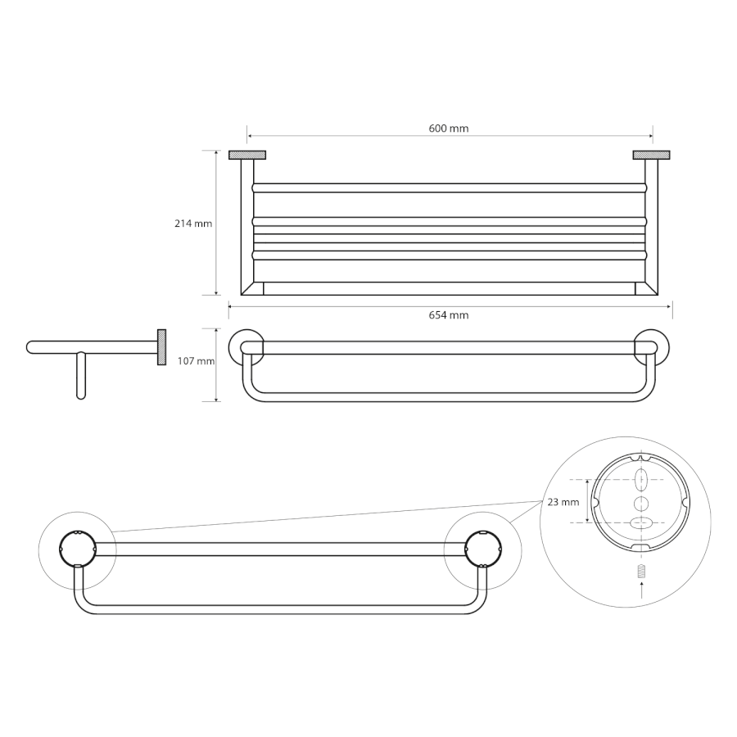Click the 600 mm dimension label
(x=449, y=129)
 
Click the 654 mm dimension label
(x=449, y=315)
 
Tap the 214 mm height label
(x=193, y=224)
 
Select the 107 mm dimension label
(x=196, y=361)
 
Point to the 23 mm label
(x=563, y=502)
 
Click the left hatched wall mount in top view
(x=247, y=155)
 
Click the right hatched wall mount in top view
(x=652, y=155)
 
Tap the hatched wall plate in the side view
(x=161, y=347)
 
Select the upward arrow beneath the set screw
(x=641, y=590)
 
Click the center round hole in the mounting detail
(x=641, y=504)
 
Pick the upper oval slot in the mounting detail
(x=641, y=480)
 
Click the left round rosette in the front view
(x=246, y=347)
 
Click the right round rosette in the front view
(x=653, y=347)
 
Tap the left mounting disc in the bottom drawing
(x=78, y=549)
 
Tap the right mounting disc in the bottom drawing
(x=483, y=549)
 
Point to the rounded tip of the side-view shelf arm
(x=29, y=347)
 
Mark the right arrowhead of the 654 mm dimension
(x=669, y=307)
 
